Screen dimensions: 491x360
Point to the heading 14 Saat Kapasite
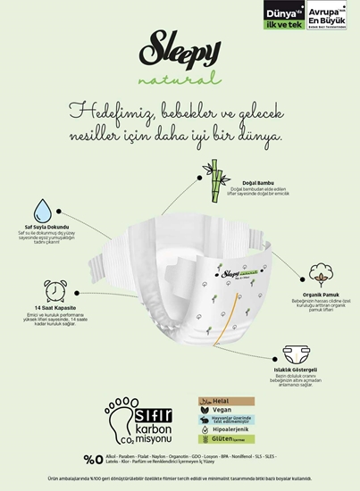coord(47,309)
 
